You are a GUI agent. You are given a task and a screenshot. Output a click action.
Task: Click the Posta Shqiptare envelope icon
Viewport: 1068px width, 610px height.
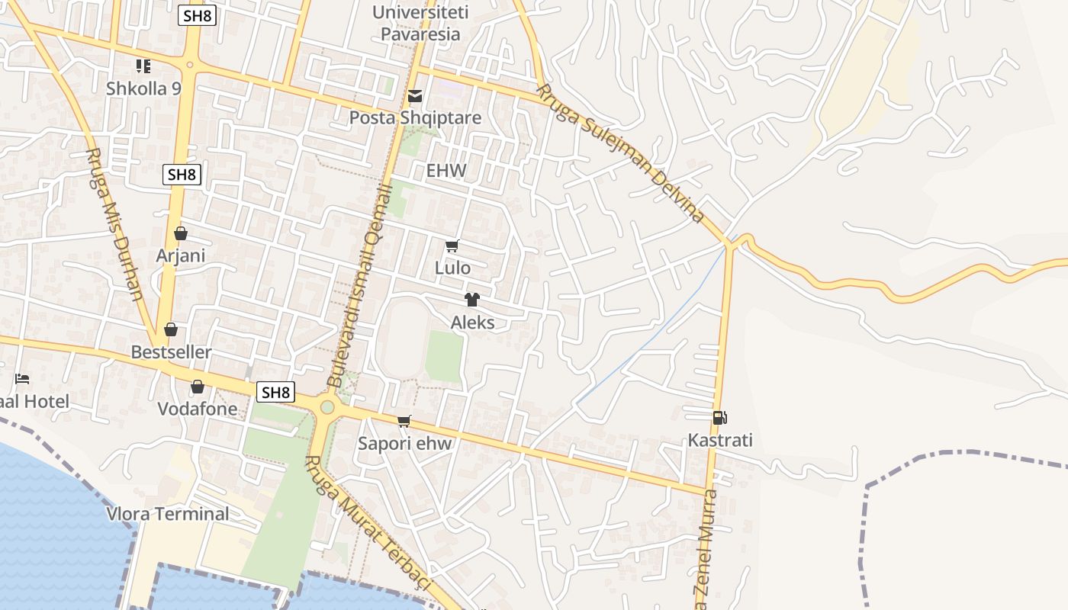(415, 96)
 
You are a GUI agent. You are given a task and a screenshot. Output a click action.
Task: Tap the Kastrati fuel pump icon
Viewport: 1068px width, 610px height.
(719, 418)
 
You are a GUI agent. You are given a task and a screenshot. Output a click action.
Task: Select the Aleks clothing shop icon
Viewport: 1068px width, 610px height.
(472, 300)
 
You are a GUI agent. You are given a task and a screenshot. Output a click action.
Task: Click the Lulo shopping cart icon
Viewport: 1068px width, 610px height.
(452, 246)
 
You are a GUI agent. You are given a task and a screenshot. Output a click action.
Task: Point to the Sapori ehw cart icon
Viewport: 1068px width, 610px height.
(404, 421)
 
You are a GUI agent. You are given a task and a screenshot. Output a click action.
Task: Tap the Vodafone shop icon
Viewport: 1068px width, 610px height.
(198, 387)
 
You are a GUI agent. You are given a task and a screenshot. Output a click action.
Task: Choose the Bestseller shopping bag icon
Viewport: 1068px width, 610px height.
(171, 329)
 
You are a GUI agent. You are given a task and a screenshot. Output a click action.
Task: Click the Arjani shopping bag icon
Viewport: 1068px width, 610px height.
(181, 233)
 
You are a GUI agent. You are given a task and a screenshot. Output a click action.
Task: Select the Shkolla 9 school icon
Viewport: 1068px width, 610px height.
(143, 66)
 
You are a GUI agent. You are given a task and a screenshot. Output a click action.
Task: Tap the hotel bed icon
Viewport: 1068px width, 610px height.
(22, 379)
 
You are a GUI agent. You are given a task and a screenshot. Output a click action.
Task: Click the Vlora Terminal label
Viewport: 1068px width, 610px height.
(168, 514)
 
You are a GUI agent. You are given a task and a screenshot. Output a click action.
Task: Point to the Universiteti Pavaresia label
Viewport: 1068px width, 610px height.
(420, 23)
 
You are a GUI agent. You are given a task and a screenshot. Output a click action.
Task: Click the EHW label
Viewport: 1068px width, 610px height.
(446, 171)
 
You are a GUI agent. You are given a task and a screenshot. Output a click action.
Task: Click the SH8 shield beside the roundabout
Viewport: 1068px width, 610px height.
(275, 393)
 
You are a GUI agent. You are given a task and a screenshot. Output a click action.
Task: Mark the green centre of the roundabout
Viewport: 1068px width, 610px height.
(327, 407)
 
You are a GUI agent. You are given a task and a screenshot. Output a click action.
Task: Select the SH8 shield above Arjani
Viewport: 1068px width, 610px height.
(182, 175)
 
